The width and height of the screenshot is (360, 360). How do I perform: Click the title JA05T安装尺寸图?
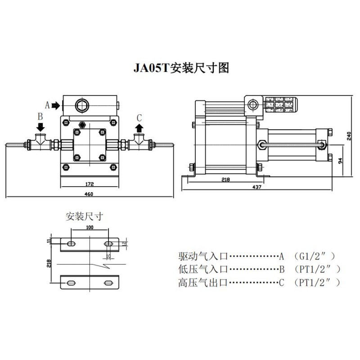(x=181, y=68)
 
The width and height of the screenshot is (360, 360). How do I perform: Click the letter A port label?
(x=46, y=105)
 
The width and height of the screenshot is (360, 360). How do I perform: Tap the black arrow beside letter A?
(x=56, y=106)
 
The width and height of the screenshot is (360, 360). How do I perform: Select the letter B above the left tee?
(x=40, y=117)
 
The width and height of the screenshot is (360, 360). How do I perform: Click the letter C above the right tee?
(x=139, y=117)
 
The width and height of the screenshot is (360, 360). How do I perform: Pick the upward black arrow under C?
(x=139, y=128)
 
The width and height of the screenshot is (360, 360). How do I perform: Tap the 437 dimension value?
(x=257, y=187)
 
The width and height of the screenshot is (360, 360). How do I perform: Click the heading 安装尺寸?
(x=85, y=216)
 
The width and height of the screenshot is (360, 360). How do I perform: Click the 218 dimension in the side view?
(x=225, y=180)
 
